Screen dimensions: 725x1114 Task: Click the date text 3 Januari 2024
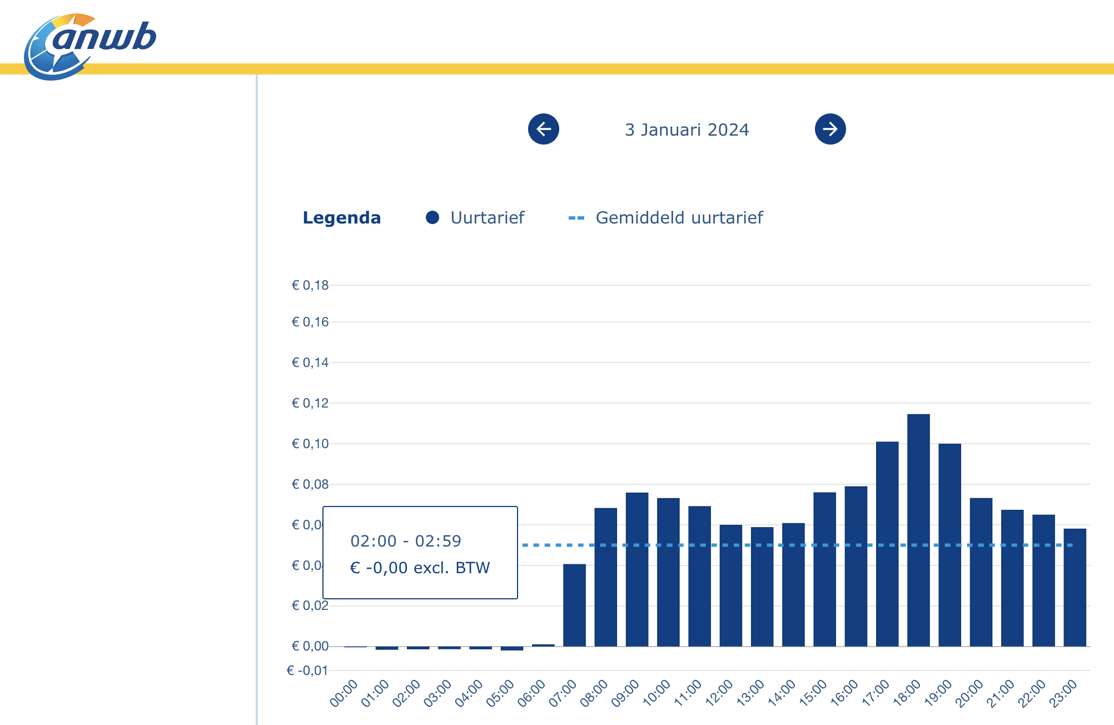point(687,130)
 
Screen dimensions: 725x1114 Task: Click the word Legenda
point(341,218)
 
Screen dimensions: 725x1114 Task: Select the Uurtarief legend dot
point(432,218)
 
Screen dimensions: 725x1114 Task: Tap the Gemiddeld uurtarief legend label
point(679,218)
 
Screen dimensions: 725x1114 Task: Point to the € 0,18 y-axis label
point(310,286)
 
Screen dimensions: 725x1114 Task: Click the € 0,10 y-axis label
point(310,444)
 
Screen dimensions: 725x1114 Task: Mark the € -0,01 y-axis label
point(307,671)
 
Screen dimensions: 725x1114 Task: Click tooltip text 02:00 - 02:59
point(406,541)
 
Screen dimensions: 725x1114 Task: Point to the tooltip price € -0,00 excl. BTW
point(420,568)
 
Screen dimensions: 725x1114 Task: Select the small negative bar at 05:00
point(512,648)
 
